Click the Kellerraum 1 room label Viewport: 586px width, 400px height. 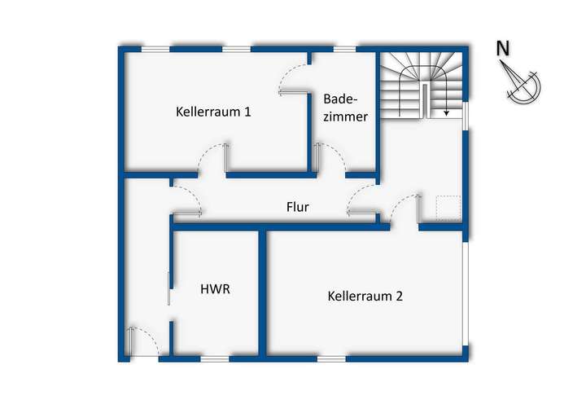tap(212, 112)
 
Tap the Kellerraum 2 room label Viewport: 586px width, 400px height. tap(365, 296)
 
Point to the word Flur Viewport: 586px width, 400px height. tap(297, 208)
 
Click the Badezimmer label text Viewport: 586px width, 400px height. tap(345, 108)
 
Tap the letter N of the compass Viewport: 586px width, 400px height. tap(503, 49)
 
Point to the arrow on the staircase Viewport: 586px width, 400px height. tap(446, 103)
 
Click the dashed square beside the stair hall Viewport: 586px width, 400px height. tap(447, 209)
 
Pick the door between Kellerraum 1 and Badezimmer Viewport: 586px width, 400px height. tap(295, 80)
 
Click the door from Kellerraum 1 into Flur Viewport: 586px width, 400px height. tap(212, 158)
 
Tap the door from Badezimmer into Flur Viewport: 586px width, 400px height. tap(330, 158)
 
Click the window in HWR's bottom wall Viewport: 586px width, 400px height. tap(215, 358)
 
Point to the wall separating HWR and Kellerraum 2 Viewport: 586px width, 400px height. tap(263, 293)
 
